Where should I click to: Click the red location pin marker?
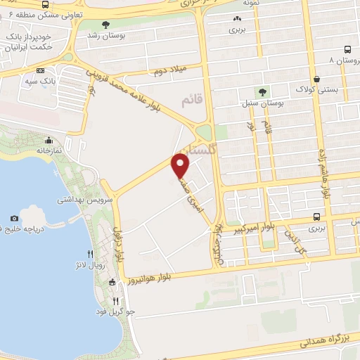tap(181, 167)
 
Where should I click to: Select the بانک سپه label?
tap(21, 80)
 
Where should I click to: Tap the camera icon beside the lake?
tap(15, 219)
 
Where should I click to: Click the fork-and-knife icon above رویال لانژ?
tap(90, 254)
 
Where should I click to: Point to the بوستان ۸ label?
tap(343, 60)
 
